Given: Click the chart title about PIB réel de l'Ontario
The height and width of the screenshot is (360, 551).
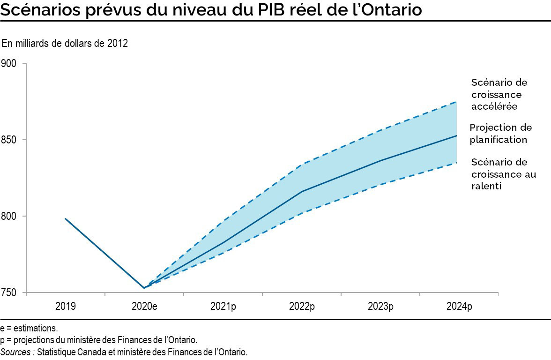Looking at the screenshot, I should pos(211,10).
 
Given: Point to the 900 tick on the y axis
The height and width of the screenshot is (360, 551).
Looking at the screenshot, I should pos(9,63).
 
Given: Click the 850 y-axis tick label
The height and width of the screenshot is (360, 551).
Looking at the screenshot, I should pos(9,140).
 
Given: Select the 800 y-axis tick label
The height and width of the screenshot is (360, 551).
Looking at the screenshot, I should pos(9,216).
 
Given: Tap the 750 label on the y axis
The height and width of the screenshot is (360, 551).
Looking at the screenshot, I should pos(9,293).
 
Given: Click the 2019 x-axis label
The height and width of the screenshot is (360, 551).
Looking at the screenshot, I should pos(65,307).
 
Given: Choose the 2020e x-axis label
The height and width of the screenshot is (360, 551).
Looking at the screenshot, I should pos(144,307).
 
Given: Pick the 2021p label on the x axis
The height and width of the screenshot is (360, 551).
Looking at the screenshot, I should pos(223,307).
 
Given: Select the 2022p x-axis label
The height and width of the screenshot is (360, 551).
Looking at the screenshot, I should pos(302,307).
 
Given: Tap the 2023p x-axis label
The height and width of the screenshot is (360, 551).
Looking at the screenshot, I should pos(380,307).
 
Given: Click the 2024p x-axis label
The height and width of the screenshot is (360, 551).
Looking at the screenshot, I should pos(459,307).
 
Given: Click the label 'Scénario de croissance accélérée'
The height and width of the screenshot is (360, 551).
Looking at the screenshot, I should pos(499,94).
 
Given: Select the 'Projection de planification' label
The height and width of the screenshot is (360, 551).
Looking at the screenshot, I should pos(500,134).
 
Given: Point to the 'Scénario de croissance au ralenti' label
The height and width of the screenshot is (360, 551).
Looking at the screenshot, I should pos(503,174).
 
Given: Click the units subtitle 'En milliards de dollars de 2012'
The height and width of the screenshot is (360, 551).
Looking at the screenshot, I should pos(65,44).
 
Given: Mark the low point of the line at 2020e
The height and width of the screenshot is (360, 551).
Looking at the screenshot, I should pos(144,288).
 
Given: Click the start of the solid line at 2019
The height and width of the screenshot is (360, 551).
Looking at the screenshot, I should pos(65,218).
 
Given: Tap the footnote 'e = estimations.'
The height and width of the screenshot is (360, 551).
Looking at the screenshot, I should pos(30,329).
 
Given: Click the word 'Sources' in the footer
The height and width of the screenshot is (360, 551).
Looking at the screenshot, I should pos(16,352).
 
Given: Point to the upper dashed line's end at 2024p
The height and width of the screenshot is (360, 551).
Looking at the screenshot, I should pos(457,102).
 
